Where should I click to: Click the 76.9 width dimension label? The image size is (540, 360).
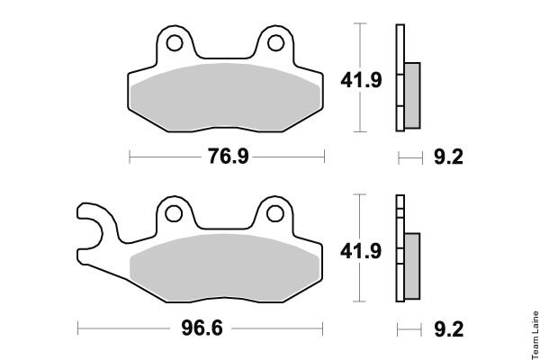[x=228, y=156]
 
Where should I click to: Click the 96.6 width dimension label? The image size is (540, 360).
[x=202, y=328]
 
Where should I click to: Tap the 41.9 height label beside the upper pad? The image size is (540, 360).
[x=361, y=80]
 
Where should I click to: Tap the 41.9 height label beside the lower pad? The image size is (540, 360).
[x=361, y=251]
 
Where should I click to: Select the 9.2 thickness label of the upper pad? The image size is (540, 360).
[x=448, y=157]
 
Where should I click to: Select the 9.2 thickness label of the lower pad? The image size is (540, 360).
[x=448, y=329]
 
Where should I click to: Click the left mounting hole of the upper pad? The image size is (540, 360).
[x=175, y=43]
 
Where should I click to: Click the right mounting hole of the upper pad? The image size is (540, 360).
[x=276, y=43]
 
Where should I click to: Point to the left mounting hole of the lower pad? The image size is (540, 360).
[x=174, y=213]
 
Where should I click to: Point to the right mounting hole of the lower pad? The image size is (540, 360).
[x=275, y=213]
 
